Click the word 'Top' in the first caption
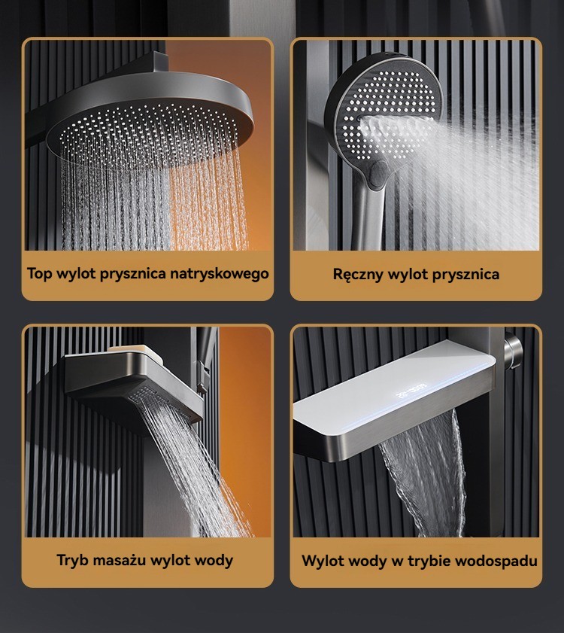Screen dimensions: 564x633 (40, 274)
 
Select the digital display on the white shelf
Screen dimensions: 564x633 (411, 391)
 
